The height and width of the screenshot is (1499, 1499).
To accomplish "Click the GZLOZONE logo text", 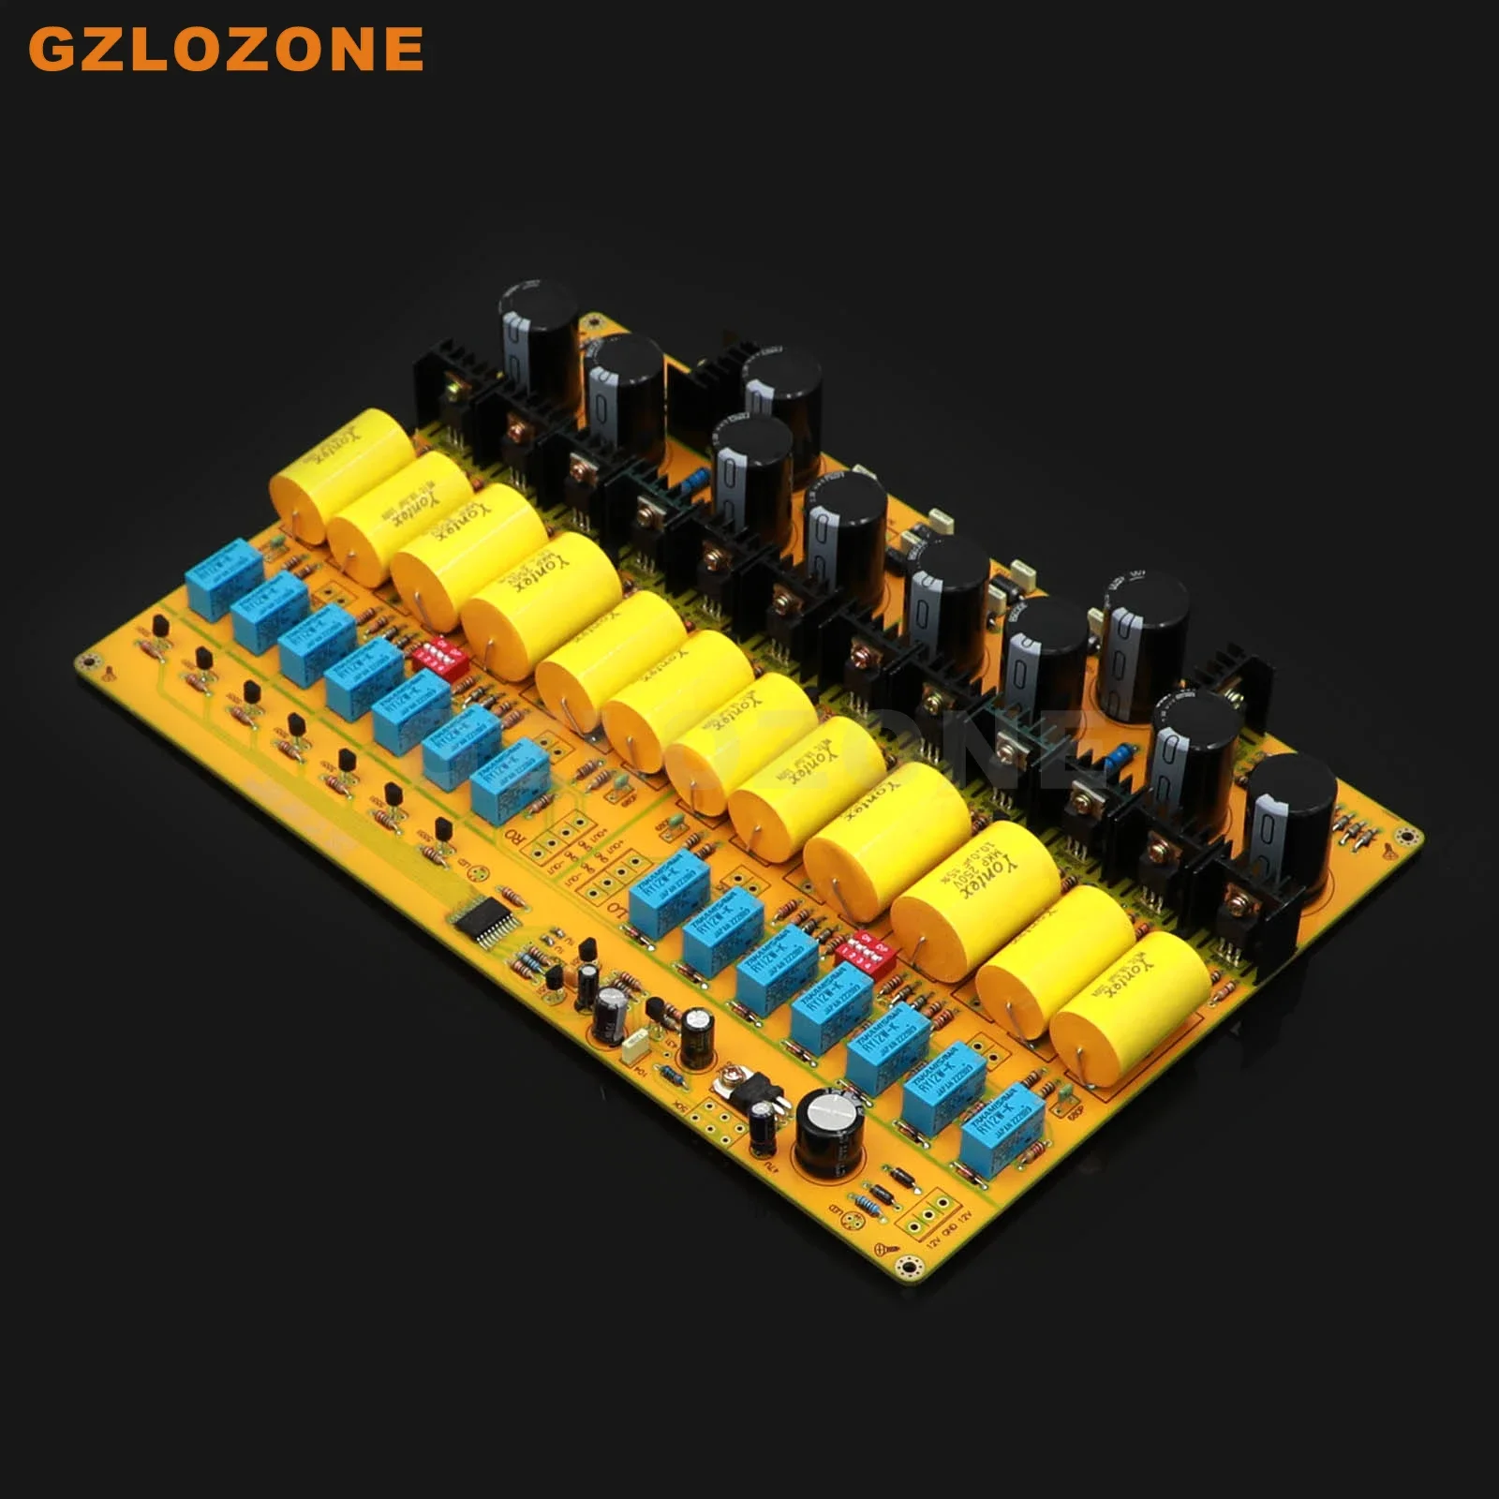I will pos(226,49).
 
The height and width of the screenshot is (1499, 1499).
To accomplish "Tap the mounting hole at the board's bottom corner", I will pos(906,1267).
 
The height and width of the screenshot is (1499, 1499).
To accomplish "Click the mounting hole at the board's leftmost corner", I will pos(90,663).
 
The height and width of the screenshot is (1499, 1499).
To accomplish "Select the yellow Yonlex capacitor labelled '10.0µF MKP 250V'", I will pos(974,885).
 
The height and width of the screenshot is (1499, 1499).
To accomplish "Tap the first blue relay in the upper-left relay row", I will pos(225,573).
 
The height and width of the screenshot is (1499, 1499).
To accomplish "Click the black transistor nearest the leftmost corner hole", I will pos(160,625).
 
